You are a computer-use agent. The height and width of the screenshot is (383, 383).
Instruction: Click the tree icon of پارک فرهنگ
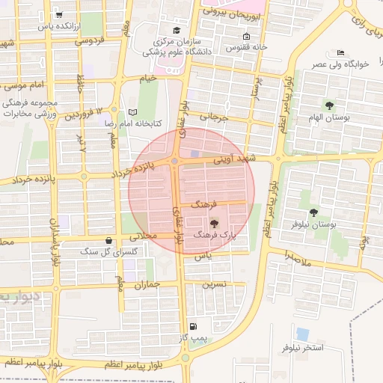tap(215, 222)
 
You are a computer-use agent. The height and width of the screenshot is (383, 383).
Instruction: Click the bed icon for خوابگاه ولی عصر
tap(340, 53)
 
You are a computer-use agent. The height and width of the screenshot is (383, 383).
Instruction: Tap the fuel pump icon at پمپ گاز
tap(194, 326)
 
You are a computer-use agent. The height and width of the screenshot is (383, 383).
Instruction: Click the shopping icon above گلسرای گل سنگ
tap(110, 241)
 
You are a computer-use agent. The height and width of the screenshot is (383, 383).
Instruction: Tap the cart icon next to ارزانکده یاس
tap(59, 14)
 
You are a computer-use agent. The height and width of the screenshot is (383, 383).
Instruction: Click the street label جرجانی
tap(231, 117)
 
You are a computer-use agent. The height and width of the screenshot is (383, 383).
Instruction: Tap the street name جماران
tap(147, 285)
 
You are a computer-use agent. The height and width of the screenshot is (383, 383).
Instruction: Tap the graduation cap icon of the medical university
tap(176, 31)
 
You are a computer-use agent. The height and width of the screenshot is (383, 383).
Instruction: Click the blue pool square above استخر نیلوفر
tap(302, 333)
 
